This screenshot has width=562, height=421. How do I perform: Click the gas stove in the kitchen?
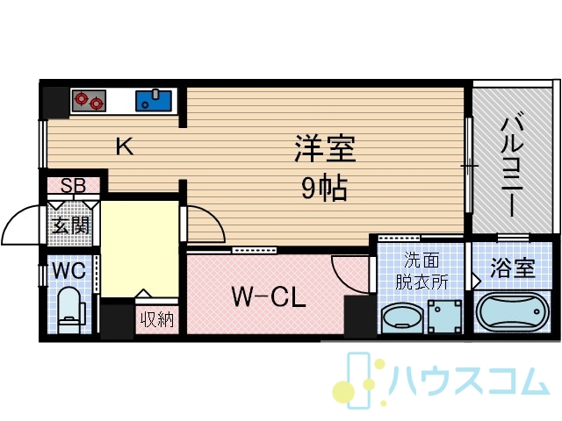point(89,101)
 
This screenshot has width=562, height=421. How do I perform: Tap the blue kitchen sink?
point(154,101)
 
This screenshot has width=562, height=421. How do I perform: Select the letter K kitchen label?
point(125,146)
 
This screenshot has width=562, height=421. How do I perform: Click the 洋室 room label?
point(325,148)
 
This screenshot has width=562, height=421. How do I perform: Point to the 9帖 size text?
point(324,188)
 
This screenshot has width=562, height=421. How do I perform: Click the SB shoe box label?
point(73,185)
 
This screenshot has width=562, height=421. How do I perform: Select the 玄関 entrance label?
point(70,225)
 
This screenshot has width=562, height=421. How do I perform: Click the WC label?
point(69,271)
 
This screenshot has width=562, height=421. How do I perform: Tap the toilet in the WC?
point(70,310)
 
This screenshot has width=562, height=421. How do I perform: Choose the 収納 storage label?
point(156,319)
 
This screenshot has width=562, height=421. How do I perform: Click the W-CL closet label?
point(269,296)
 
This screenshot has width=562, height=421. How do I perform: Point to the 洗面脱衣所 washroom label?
point(421,270)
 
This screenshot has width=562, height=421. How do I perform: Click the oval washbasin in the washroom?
point(402,319)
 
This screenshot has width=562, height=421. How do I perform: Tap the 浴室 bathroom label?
point(513,268)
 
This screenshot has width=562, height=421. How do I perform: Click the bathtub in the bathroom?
point(512,312)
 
